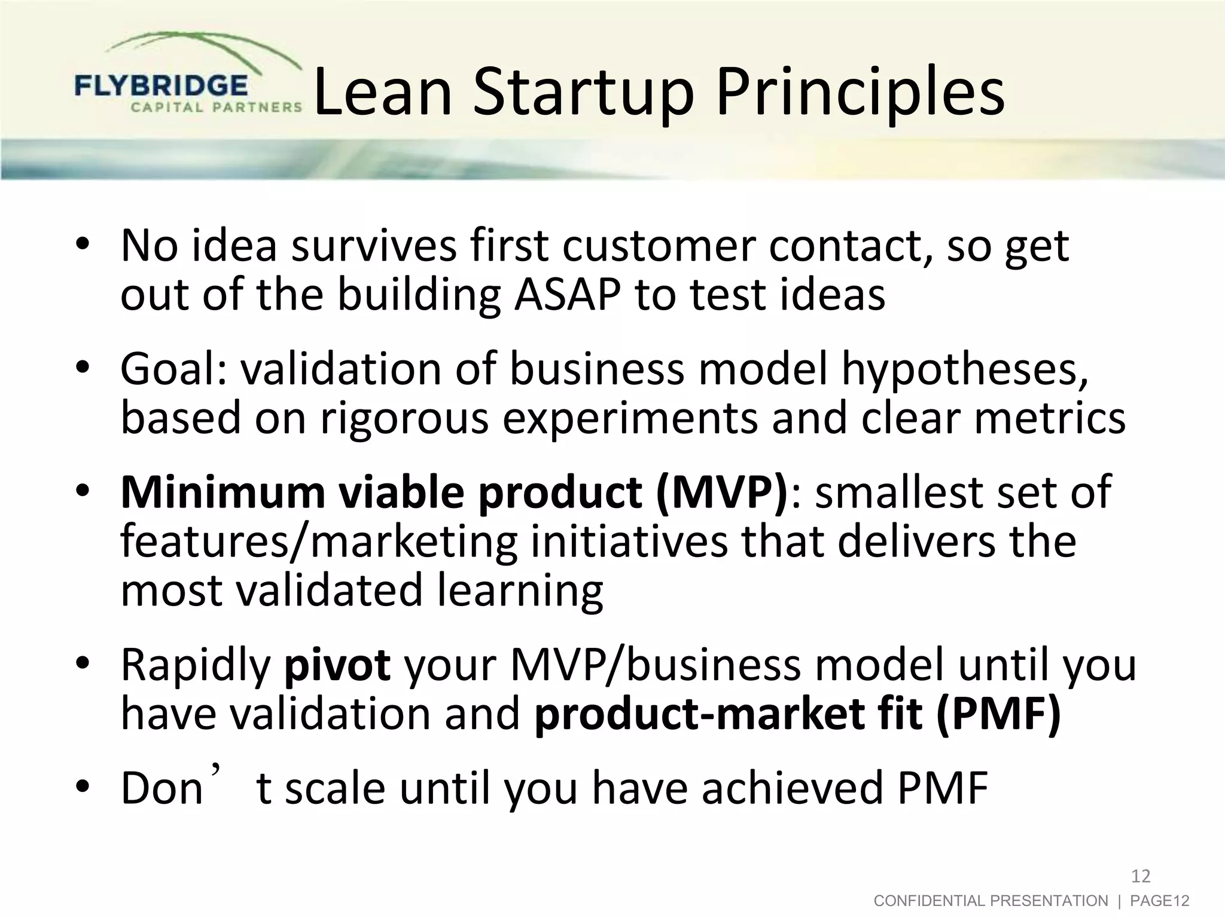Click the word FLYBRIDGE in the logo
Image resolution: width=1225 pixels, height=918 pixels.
[160, 86]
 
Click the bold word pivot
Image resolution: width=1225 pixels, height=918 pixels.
[337, 665]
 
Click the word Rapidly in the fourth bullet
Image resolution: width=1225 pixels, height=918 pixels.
[196, 665]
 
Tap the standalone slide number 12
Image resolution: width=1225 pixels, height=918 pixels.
[1141, 876]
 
